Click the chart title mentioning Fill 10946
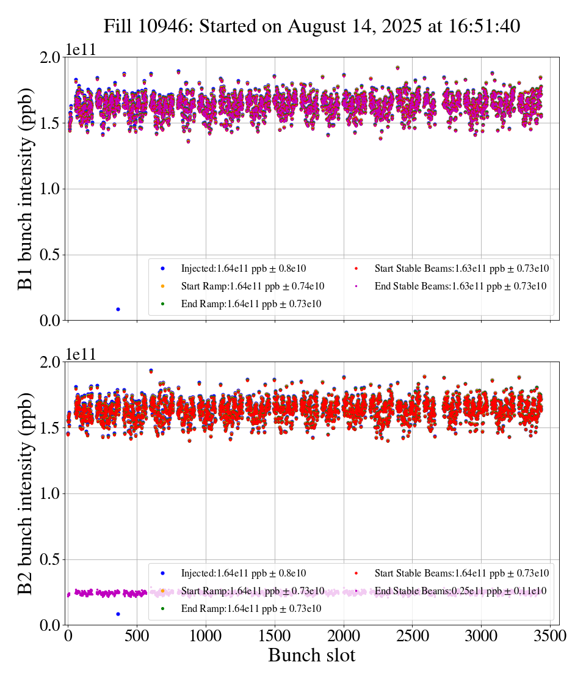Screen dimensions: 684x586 point(311,26)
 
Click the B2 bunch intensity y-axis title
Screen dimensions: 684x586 point(26,493)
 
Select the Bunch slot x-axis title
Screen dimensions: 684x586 point(311,656)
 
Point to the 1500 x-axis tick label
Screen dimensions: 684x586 point(275,636)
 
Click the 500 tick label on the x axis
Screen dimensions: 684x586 point(137,636)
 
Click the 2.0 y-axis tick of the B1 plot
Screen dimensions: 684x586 point(50,57)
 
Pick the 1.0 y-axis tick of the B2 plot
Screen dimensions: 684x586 point(50,493)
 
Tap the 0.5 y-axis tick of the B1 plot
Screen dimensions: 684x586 point(50,255)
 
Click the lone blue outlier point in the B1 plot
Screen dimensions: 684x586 point(118,309)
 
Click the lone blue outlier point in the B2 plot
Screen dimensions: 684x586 point(118,614)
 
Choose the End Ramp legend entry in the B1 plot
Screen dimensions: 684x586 point(251,304)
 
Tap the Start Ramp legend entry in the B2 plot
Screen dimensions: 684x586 point(252,591)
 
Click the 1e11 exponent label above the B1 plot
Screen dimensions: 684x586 point(81,50)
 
